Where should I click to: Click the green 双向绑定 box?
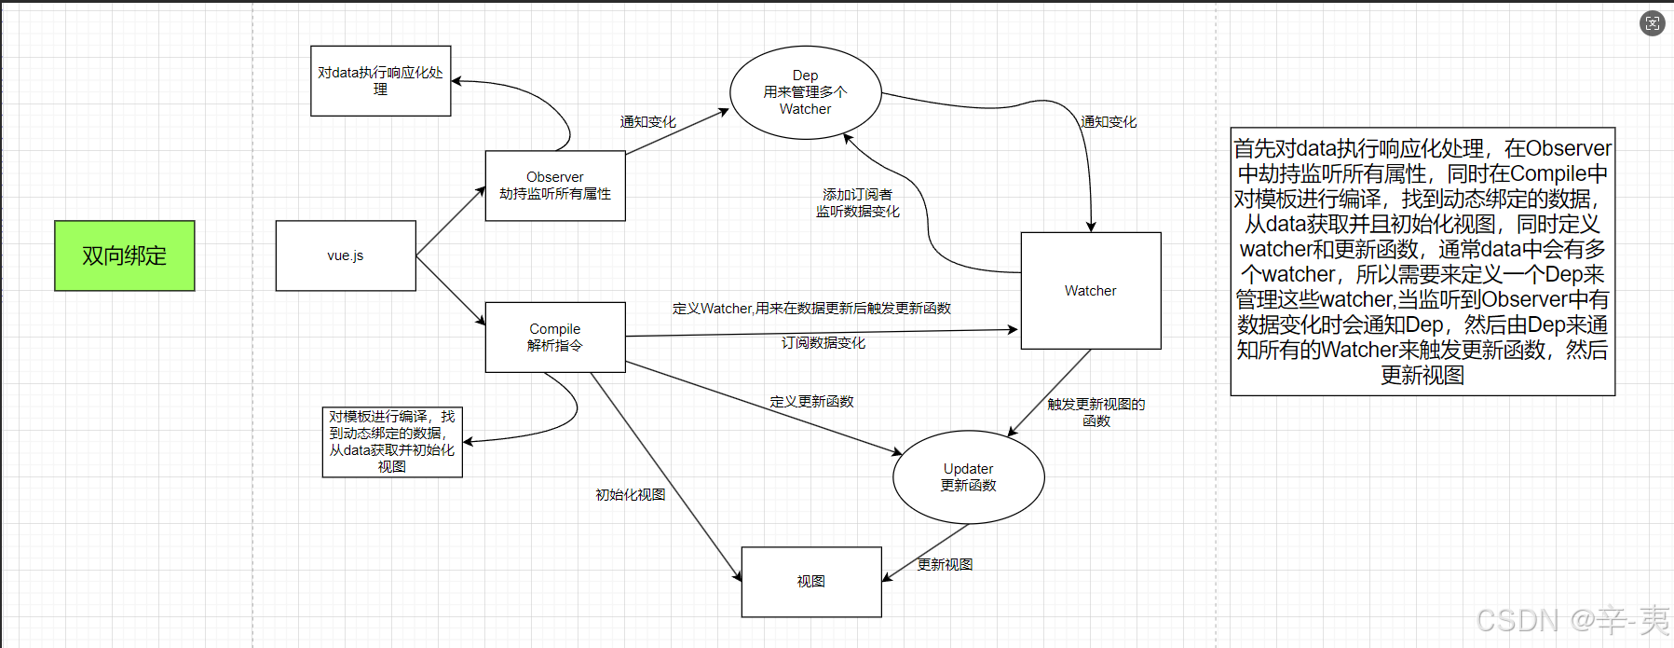[125, 255]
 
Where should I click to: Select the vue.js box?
[346, 255]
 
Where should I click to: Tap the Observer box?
[555, 186]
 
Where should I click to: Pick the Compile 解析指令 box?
[555, 337]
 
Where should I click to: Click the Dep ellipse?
[806, 92]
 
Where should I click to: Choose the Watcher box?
[1091, 291]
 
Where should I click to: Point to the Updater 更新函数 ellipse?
[969, 477]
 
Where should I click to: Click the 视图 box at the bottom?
[811, 582]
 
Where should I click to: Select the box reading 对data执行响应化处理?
[380, 81]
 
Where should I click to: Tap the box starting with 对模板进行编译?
[392, 442]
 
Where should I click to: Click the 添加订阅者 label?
[858, 195]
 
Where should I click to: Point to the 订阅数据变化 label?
[823, 343]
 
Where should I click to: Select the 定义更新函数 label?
[811, 402]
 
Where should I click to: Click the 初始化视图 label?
[631, 495]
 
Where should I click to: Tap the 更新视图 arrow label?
[946, 565]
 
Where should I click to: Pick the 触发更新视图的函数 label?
[1096, 412]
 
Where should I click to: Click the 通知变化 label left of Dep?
[648, 122]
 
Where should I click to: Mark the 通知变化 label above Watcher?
[1109, 122]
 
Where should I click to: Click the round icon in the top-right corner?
[1652, 23]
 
